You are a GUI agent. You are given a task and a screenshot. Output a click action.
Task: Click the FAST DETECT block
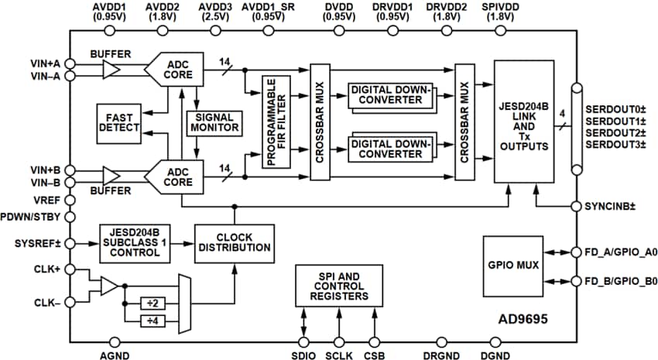(119, 122)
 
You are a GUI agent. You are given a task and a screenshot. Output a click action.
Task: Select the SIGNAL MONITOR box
(215, 122)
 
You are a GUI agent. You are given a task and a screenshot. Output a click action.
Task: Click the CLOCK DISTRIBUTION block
(233, 242)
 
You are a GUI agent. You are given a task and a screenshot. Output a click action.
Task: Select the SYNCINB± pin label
(614, 207)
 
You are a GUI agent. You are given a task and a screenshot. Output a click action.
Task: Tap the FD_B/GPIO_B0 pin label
(618, 281)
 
